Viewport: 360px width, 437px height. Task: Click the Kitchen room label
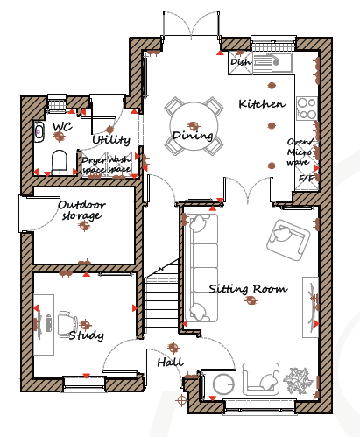tap(262, 104)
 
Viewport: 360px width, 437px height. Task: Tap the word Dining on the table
tap(193, 136)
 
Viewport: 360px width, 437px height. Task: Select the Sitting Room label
tap(248, 289)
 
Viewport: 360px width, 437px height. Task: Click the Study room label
tap(87, 335)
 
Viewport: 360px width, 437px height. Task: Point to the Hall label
tap(171, 363)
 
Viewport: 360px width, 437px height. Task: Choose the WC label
tap(62, 127)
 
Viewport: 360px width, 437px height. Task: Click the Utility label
tap(111, 140)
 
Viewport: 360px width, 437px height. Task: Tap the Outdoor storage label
tap(81, 210)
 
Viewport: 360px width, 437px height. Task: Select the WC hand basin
tap(39, 132)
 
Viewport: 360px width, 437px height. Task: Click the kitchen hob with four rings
tap(307, 109)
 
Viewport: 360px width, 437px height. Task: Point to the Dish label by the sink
tap(240, 62)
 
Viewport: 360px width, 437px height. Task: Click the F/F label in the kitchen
tap(307, 178)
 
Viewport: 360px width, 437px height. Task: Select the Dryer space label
tap(94, 165)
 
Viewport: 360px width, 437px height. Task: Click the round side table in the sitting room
tap(223, 384)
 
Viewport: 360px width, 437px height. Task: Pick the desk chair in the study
tap(67, 325)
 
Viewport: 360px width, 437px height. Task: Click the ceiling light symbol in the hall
tap(173, 348)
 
